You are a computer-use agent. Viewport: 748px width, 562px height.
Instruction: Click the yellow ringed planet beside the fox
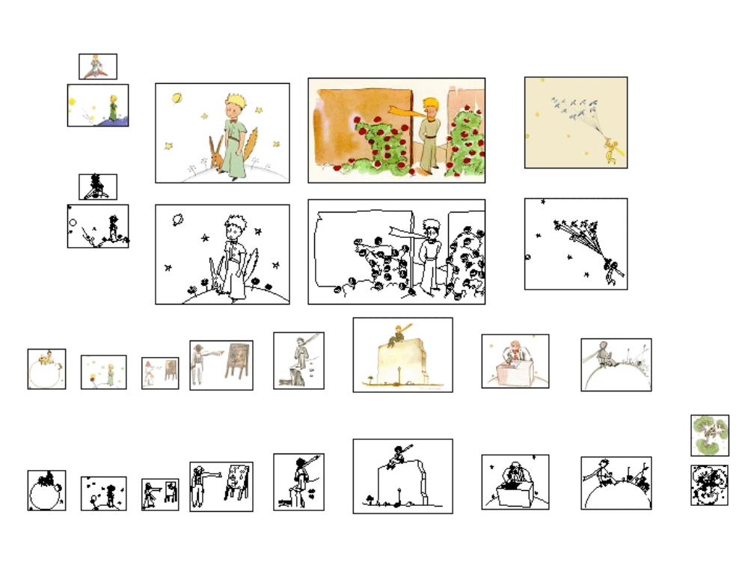pos(177,97)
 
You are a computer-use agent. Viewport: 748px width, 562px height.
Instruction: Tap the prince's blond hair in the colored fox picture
pos(237,102)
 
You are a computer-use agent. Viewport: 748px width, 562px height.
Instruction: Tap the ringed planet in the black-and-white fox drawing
pos(177,220)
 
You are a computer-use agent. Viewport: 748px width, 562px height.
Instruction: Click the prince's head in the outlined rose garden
pos(429,226)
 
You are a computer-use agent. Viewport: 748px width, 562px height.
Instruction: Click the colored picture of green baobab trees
pos(709,435)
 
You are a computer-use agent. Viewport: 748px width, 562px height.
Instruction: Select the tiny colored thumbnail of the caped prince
pos(97,67)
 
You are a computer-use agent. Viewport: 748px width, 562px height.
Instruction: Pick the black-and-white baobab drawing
pos(709,485)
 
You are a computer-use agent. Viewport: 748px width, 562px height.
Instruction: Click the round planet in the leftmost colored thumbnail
pos(46,375)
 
